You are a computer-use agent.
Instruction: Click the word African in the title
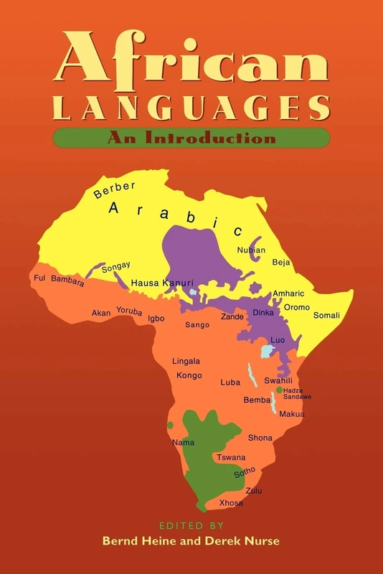[191, 63]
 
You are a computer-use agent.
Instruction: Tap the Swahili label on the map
[278, 380]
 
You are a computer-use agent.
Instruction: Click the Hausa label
[145, 283]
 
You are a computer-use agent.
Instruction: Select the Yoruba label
[130, 311]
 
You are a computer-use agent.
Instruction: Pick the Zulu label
[254, 491]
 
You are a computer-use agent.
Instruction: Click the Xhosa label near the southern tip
[231, 503]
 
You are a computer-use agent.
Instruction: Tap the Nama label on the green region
[184, 443]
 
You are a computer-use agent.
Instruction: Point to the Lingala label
[186, 361]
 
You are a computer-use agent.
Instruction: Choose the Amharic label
[289, 293]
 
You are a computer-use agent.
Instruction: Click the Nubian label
[251, 250]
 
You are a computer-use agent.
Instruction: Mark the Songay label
[115, 268]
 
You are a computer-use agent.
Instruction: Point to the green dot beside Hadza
[279, 390]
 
